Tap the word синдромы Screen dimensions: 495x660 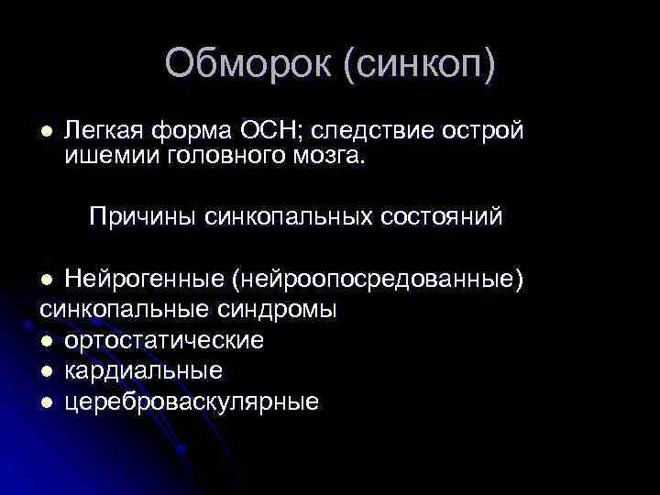pos(280,309)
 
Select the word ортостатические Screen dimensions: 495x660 pos(165,340)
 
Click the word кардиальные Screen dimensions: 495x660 pos(144,370)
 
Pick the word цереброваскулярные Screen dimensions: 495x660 pos(192,401)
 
